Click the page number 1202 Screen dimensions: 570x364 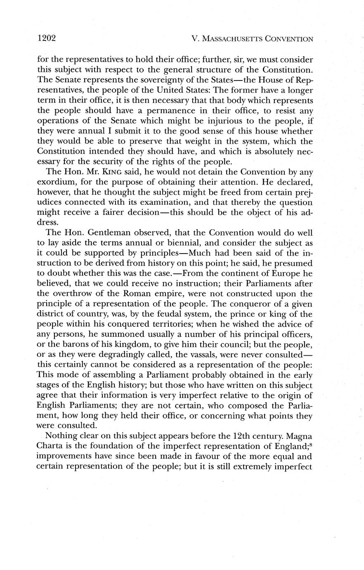pos(46,38)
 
